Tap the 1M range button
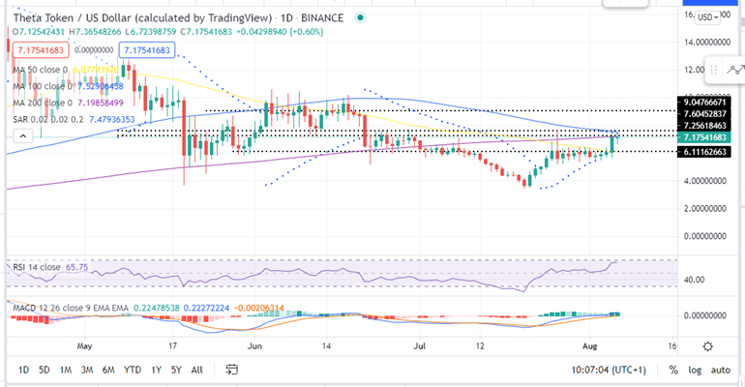(x=66, y=370)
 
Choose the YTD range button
(x=134, y=370)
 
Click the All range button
(x=196, y=370)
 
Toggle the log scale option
(x=695, y=370)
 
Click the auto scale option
(x=721, y=370)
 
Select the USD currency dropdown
(x=707, y=16)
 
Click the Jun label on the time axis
(x=256, y=343)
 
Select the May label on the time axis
(x=85, y=343)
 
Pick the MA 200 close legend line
(x=39, y=102)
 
